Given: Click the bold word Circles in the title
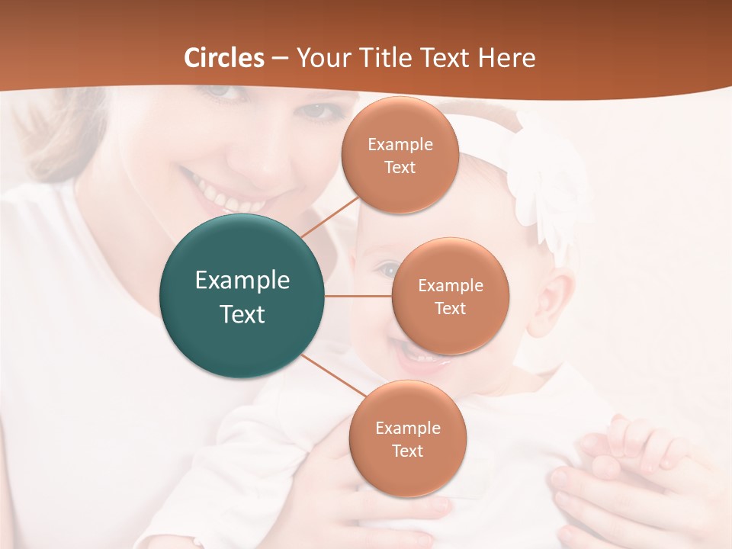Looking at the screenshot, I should coord(224,58).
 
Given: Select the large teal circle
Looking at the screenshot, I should coord(242,296).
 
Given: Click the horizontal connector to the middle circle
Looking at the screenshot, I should coord(358,296).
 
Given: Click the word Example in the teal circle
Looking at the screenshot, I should coord(242,281).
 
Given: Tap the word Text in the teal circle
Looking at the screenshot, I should coord(242,314).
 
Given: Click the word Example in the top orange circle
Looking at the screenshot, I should coord(400,145).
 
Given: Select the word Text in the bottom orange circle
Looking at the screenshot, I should coord(407,451).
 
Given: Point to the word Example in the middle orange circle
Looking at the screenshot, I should coord(450,286).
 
